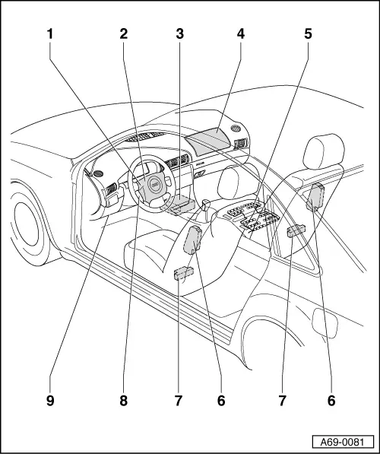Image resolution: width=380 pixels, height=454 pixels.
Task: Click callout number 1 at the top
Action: tap(50, 34)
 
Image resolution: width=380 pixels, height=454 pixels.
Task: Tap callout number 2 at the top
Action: tap(124, 34)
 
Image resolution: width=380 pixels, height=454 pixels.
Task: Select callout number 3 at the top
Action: tap(179, 34)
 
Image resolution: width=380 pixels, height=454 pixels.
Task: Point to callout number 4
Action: tap(240, 34)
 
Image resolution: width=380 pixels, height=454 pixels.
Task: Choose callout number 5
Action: tap(308, 34)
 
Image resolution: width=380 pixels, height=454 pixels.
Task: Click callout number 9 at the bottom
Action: tap(50, 401)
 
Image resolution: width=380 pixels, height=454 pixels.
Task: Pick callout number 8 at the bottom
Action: tap(124, 401)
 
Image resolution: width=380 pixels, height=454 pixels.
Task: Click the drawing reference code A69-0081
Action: tap(342, 443)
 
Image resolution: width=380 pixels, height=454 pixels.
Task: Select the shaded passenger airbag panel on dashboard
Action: tap(207, 141)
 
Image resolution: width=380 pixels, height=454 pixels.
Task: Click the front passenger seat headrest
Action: tap(324, 151)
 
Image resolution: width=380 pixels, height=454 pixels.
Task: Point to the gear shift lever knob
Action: tap(206, 204)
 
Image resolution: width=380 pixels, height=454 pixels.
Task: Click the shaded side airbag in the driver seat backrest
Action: tap(192, 240)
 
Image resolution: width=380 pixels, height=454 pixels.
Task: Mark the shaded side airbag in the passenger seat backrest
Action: tap(315, 196)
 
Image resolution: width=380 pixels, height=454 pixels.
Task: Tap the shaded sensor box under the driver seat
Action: tap(184, 273)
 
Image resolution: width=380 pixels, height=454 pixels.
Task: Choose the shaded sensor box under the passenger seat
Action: tap(296, 230)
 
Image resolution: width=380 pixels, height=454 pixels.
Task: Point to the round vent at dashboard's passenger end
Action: tap(236, 128)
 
